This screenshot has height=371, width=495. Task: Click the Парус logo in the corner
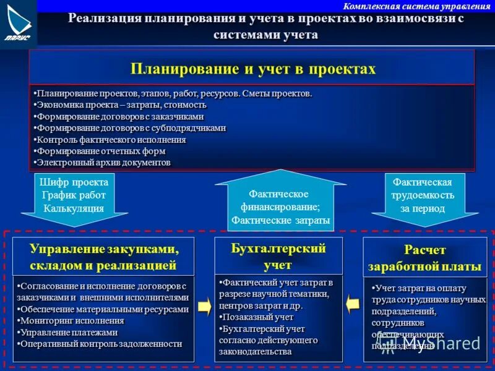[19, 23]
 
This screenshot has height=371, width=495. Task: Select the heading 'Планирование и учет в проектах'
[252, 68]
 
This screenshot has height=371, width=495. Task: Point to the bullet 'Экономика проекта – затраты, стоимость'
[121, 104]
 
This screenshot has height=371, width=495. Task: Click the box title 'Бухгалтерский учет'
[278, 256]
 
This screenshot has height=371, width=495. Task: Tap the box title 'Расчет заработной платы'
[424, 258]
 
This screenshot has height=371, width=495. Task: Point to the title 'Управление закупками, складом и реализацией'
[103, 257]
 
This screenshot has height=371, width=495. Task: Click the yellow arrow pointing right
[204, 306]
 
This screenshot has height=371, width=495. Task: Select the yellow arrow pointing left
[353, 304]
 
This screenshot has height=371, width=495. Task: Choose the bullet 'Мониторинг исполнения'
[72, 321]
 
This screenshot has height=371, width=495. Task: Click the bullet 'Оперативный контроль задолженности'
[100, 344]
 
